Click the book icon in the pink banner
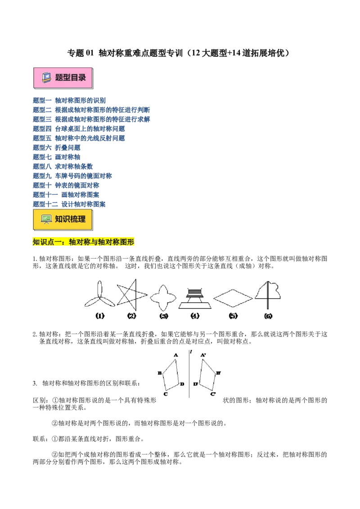pyautogui.click(x=46, y=77)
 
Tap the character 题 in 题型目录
pyautogui.click(x=59, y=77)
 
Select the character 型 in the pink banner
pyautogui.click(x=67, y=77)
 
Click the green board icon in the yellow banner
pyautogui.click(x=46, y=219)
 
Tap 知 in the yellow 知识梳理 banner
pyautogui.click(x=59, y=219)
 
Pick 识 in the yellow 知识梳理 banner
pyautogui.click(x=67, y=219)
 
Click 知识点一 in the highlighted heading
pyautogui.click(x=47, y=242)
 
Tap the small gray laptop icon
pyautogui.click(x=195, y=293)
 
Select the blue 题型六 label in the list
pyautogui.click(x=41, y=147)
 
